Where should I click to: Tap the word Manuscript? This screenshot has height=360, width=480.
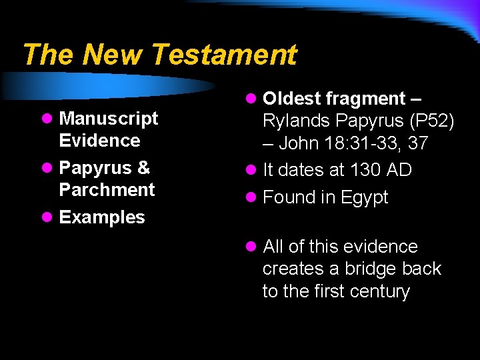(x=109, y=119)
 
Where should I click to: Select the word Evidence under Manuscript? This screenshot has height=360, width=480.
(x=99, y=141)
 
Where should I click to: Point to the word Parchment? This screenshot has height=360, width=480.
(x=107, y=189)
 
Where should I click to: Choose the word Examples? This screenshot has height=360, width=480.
(x=102, y=217)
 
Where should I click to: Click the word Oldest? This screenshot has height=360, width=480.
(x=292, y=99)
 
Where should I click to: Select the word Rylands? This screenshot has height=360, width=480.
(x=297, y=121)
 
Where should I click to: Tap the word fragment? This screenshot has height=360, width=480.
(x=365, y=99)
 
